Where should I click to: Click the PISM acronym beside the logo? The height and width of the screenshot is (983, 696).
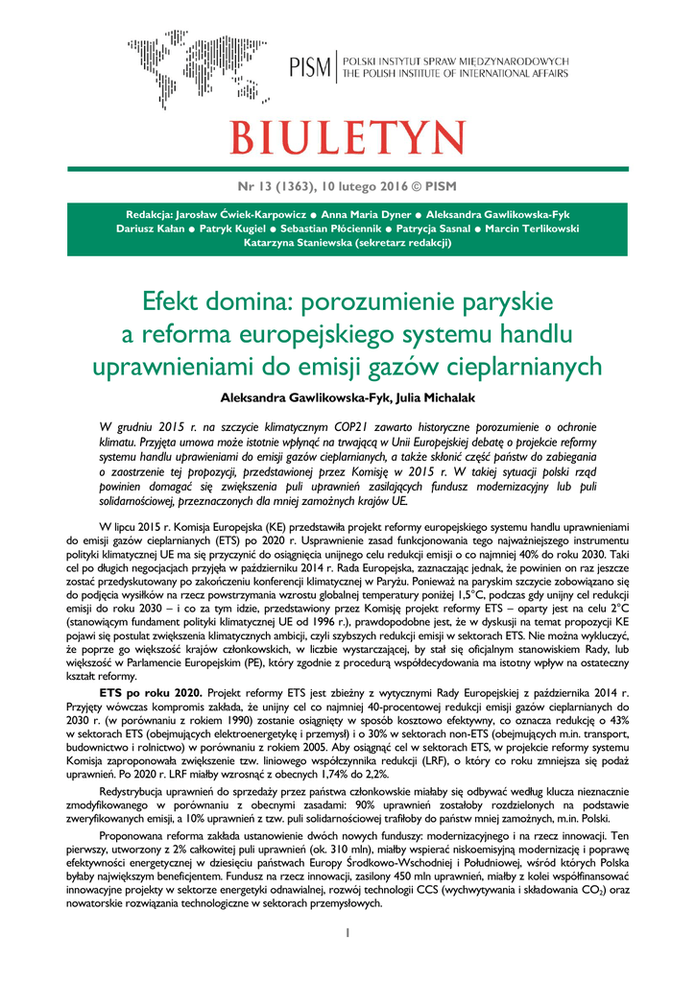(x=309, y=68)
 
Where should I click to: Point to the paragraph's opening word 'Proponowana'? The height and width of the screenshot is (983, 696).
(x=133, y=836)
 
